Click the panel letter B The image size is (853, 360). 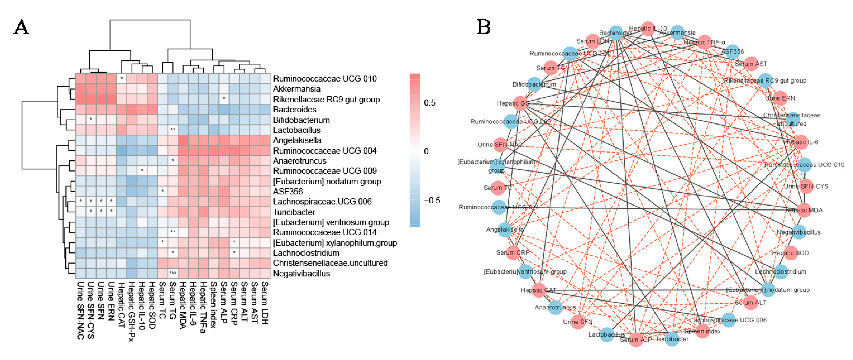[483, 27]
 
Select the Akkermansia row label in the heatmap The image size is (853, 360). [296, 89]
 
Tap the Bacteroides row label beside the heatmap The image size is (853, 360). [294, 109]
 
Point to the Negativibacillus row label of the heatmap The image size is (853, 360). [301, 274]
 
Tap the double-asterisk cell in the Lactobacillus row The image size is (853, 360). [172, 130]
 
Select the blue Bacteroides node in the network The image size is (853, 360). [616, 33]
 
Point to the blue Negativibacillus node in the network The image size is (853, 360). [799, 232]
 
